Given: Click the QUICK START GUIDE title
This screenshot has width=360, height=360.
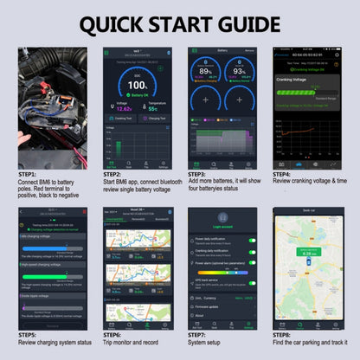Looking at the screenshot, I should (x=179, y=21).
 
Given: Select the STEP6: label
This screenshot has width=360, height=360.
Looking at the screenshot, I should (x=113, y=334).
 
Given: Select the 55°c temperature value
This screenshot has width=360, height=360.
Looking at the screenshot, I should (x=151, y=109).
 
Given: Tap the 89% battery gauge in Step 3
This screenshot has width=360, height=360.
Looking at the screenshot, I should (x=204, y=72).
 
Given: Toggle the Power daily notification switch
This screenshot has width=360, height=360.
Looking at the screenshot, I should (x=251, y=239).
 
